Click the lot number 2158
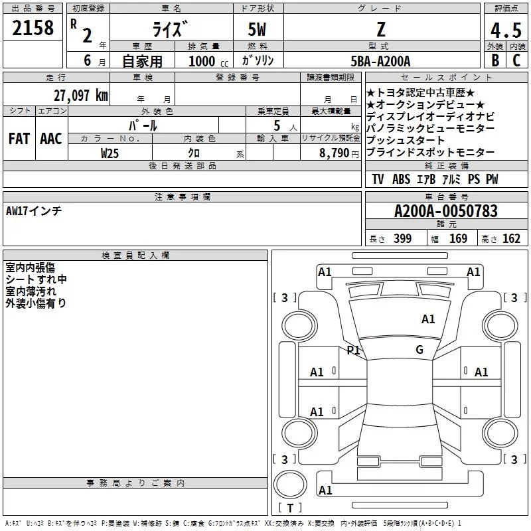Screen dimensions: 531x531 tap(33, 29)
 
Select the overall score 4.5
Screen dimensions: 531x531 tap(506, 30)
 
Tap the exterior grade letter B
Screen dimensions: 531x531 tap(494, 60)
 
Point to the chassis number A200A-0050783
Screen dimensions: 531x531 tap(445, 211)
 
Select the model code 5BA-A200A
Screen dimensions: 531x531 tap(380, 61)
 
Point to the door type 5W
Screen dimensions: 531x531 tap(258, 30)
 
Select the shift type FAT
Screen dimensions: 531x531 tap(19, 139)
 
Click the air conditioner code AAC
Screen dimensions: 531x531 tap(50, 139)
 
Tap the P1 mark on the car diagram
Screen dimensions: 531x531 tap(353, 350)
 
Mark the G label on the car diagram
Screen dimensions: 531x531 tap(419, 350)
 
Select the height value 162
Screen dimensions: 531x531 tap(511, 239)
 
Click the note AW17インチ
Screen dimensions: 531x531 tap(34, 211)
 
